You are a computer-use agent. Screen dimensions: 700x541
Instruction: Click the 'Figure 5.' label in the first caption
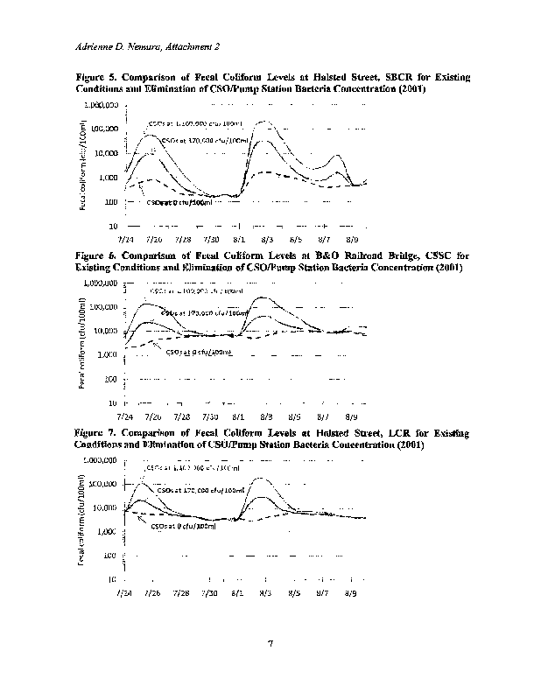coord(96,78)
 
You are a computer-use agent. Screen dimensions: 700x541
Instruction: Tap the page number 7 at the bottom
coord(270,645)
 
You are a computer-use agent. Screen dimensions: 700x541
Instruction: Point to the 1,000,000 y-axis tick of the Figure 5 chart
coord(102,105)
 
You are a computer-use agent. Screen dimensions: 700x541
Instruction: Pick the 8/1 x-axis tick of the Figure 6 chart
coord(238,416)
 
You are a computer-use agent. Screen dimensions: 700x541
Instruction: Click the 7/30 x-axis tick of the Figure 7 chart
coord(210,592)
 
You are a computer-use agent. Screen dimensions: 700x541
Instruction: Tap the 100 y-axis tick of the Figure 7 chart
coord(111,556)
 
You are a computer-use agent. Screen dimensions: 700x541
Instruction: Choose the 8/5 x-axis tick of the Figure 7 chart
coord(295,592)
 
